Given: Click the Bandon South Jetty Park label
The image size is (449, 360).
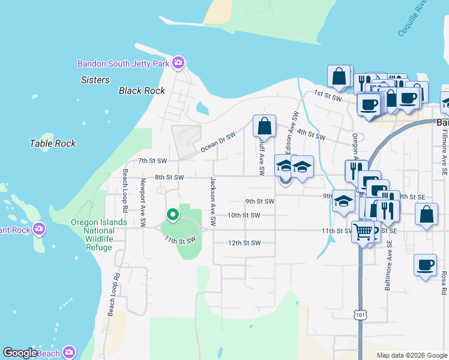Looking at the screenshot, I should tap(123, 64).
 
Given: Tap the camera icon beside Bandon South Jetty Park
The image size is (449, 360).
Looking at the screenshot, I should tap(178, 63).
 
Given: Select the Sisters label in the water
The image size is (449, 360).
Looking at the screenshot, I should tap(95, 80).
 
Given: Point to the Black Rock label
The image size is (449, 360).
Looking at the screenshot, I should tap(142, 91).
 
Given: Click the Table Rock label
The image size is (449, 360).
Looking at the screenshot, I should tap(53, 143).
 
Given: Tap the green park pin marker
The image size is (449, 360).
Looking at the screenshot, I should tap(172, 214).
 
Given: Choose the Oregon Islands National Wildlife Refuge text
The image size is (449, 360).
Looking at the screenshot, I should tap(99, 230).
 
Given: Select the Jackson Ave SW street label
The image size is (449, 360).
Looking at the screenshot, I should tap(212, 201).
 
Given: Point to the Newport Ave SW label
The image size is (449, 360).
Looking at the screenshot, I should tap(143, 203).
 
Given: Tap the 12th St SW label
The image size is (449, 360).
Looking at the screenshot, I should tap(244, 243).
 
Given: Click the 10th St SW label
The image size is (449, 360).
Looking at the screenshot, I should tap(244, 215).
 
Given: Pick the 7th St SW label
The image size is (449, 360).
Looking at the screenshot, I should tap(151, 161).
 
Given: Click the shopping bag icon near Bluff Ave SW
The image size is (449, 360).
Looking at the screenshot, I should tap(264, 127).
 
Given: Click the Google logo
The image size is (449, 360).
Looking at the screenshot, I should tap(20, 353).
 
